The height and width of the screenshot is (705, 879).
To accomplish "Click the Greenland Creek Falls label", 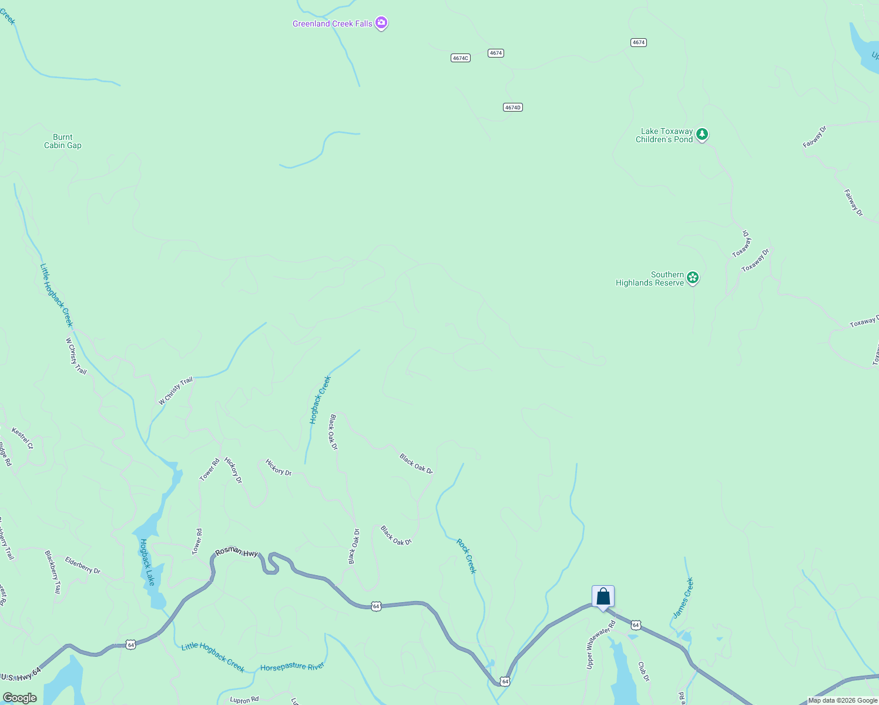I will click(333, 23).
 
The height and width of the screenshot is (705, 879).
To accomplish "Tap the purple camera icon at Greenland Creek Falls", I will click(381, 23).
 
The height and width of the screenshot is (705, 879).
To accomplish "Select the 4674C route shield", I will click(461, 58).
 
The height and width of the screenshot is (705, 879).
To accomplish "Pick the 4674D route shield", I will click(513, 107).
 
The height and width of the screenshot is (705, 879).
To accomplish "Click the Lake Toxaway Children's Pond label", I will click(665, 136).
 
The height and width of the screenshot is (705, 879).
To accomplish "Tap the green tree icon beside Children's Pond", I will click(702, 135).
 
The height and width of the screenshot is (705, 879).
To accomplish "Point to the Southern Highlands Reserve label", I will click(650, 278).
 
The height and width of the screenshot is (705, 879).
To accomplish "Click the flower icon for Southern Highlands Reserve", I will click(693, 277).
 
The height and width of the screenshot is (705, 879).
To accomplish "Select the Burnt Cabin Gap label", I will click(63, 141).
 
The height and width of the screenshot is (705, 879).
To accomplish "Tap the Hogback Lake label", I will click(147, 562).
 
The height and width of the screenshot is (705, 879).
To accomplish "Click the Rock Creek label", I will click(467, 556).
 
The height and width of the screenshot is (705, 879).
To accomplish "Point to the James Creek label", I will click(683, 597).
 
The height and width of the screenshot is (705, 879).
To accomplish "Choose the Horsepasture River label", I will click(292, 667).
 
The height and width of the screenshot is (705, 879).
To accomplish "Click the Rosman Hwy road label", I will click(237, 552).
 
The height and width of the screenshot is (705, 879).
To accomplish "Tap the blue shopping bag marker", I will click(603, 596).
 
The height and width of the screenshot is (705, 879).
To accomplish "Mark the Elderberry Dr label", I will click(83, 565).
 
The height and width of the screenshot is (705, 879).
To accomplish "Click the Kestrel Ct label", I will click(22, 438).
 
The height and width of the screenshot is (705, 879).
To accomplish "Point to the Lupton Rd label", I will click(244, 700).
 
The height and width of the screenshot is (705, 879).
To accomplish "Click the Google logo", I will click(19, 697).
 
